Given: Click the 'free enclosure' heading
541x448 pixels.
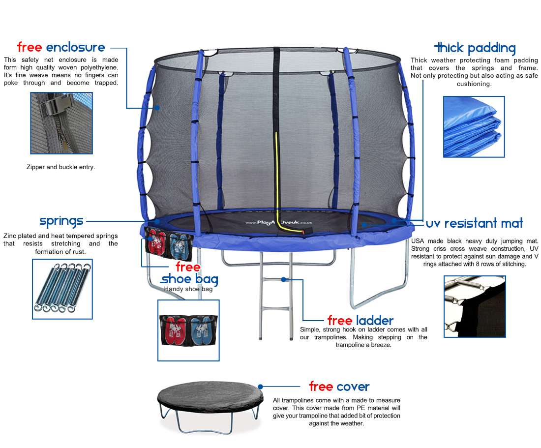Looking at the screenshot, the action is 61,47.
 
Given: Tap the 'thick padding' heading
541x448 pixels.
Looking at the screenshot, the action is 475,48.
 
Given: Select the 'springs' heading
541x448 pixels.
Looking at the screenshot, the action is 61,221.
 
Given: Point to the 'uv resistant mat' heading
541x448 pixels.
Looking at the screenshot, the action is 475,223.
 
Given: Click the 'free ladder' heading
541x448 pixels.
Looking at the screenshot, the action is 361,321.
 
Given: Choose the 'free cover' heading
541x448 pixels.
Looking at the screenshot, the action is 339,387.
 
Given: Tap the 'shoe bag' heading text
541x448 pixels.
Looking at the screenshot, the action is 189,279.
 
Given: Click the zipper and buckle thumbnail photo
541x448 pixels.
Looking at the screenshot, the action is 61,123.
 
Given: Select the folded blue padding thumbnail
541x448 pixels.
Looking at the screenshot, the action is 474,126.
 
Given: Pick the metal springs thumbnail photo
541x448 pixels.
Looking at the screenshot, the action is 62,289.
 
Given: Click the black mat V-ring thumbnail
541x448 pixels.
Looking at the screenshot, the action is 475,306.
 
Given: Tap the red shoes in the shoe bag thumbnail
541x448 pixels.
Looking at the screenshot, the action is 175,331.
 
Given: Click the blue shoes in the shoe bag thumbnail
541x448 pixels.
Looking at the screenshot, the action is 202,331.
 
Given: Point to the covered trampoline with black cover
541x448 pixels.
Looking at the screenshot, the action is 210,407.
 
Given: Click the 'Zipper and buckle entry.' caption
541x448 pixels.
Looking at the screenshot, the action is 60,167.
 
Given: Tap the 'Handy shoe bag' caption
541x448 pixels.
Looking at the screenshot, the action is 188,289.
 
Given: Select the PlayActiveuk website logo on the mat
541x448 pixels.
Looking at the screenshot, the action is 279,222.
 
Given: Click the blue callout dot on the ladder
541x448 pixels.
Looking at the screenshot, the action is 283,280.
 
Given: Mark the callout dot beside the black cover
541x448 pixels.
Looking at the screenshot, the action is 261,387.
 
